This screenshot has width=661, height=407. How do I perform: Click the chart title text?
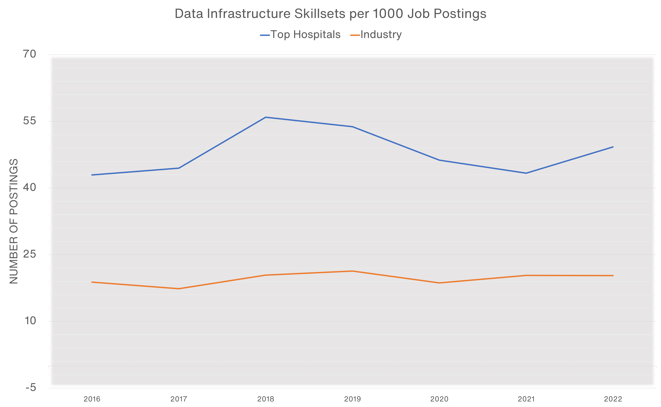pyautogui.click(x=330, y=14)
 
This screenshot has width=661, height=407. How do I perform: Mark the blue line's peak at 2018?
pyautogui.click(x=266, y=117)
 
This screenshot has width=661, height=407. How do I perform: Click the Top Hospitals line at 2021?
pyautogui.click(x=526, y=173)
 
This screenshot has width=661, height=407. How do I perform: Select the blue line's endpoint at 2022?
pyautogui.click(x=613, y=147)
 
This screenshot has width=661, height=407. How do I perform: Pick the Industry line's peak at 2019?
pyautogui.click(x=352, y=271)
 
